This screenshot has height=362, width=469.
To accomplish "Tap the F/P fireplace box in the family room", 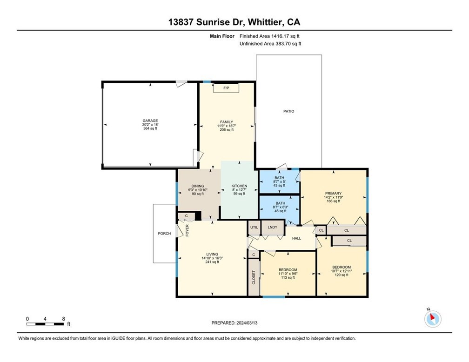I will [226, 88].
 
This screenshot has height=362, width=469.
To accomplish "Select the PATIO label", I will [289, 111].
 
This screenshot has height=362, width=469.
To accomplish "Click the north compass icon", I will [433, 319].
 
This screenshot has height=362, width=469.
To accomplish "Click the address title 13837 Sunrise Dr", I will [234, 22].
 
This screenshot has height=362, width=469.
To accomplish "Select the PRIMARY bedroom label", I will [333, 194].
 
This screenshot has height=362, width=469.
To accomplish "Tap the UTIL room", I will [254, 227].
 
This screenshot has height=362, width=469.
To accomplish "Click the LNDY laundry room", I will [273, 227].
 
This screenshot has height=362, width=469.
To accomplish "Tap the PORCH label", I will [164, 234].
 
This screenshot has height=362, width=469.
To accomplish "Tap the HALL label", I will [296, 238].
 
